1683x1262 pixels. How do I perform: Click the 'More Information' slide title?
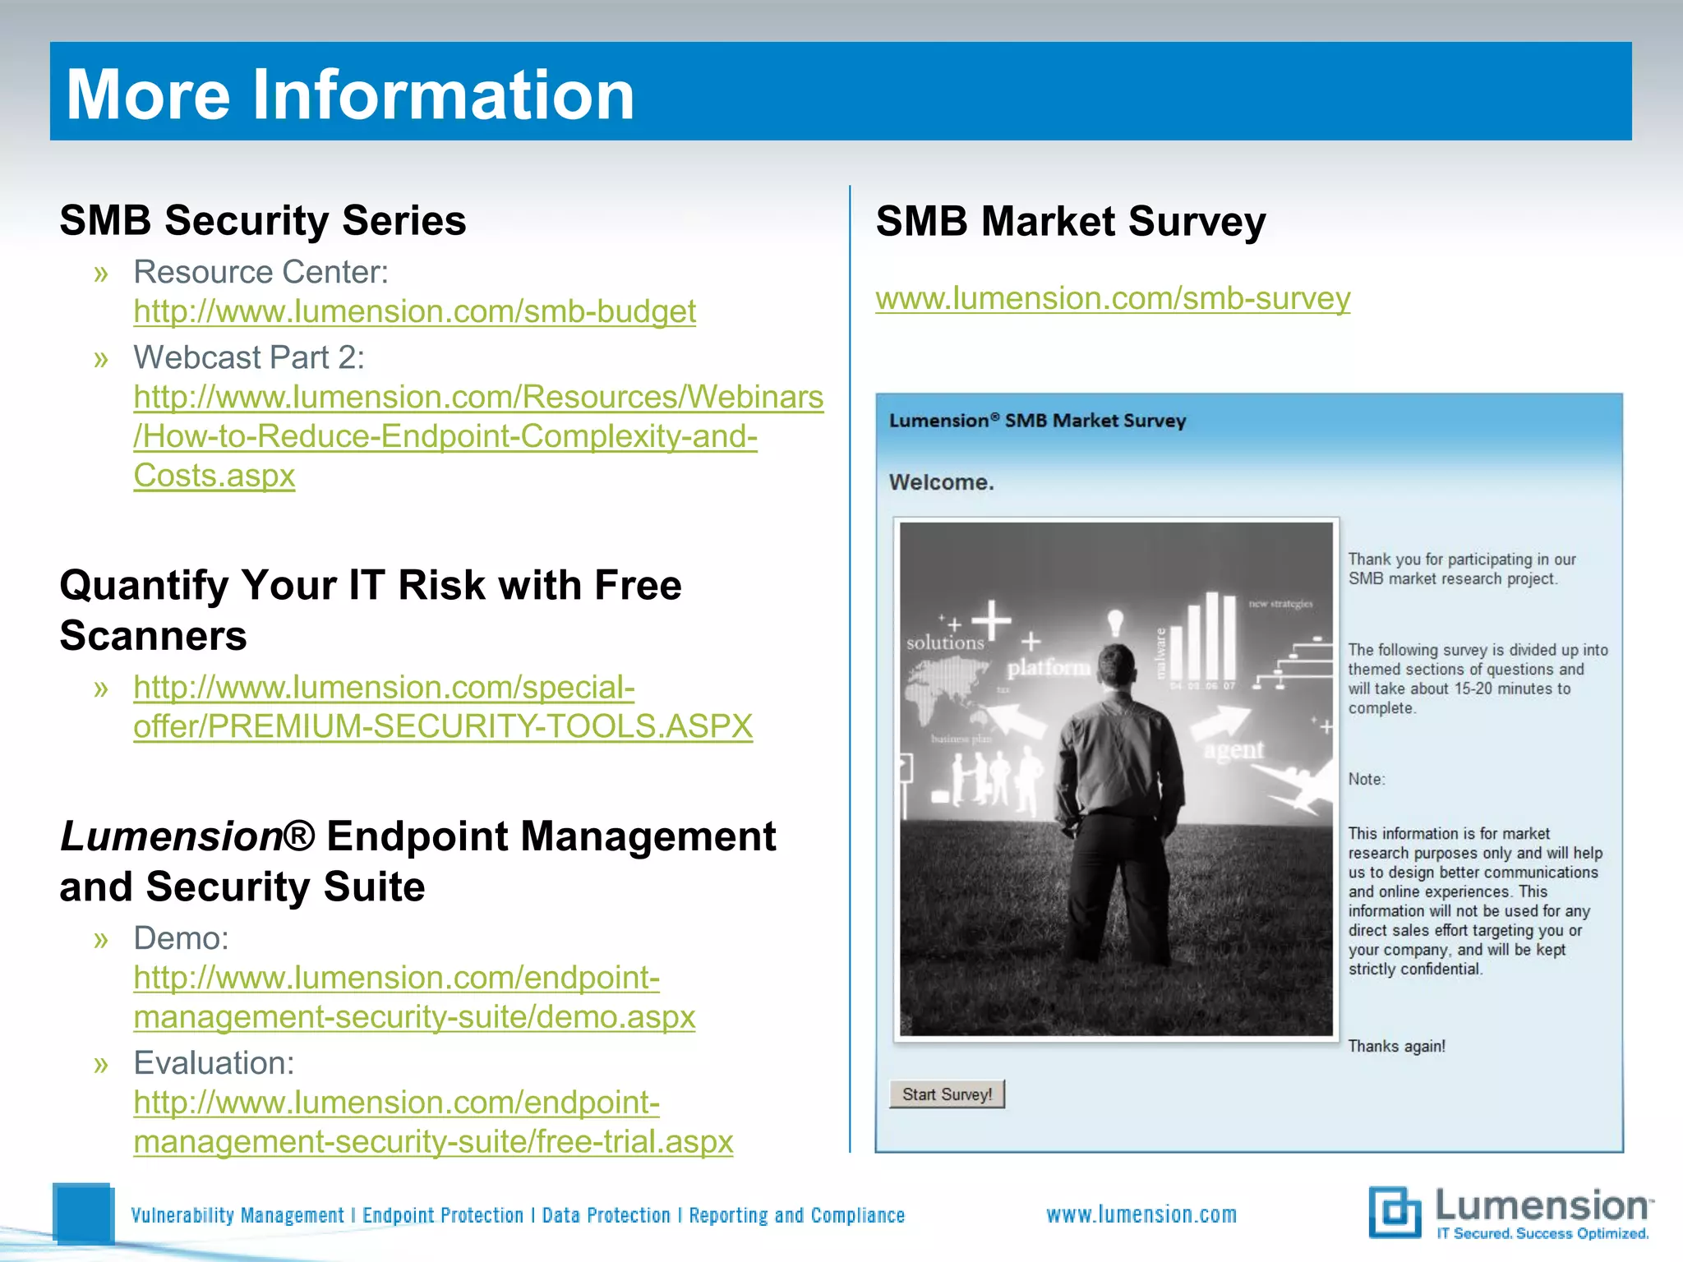tap(350, 94)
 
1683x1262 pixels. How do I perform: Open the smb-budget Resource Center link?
tap(414, 311)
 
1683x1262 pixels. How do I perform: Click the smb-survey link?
tap(1113, 298)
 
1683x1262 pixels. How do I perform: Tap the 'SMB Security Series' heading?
tap(263, 220)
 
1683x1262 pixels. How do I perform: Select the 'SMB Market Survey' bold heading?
tap(1071, 222)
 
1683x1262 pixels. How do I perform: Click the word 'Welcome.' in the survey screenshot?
tap(941, 482)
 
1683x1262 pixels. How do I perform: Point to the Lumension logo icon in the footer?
tap(1395, 1211)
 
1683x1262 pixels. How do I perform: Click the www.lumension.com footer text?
tap(1141, 1214)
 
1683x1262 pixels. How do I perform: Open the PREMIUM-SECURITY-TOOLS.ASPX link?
tap(443, 726)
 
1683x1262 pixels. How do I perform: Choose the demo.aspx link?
tap(414, 1016)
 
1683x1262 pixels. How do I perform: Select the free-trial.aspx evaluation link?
tap(433, 1141)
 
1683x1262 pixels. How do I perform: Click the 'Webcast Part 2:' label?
tap(249, 357)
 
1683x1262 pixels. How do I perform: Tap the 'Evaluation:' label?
tap(214, 1063)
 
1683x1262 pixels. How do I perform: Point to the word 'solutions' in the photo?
tap(945, 643)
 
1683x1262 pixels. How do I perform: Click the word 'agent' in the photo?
tap(1233, 749)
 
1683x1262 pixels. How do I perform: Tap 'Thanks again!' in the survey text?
tap(1396, 1046)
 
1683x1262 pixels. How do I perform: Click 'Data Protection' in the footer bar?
tap(606, 1215)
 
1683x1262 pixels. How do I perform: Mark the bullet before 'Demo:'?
tap(101, 939)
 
